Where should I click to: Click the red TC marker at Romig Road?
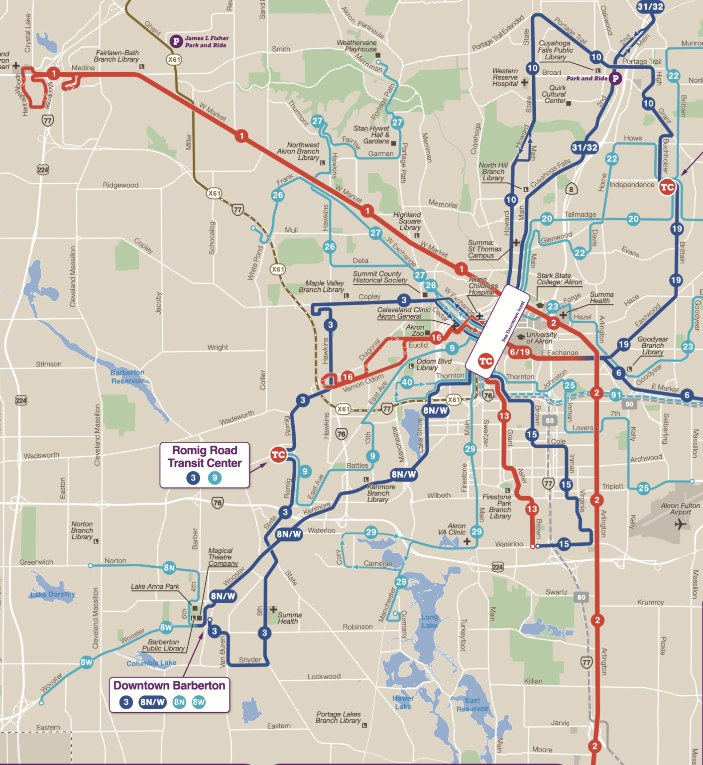pyautogui.click(x=278, y=454)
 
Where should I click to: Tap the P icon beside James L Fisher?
pyautogui.click(x=176, y=41)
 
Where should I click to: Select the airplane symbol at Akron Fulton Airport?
pyautogui.click(x=680, y=524)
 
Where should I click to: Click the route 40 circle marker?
pyautogui.click(x=407, y=382)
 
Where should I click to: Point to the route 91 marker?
pyautogui.click(x=616, y=395)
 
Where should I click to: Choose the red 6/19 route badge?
pyautogui.click(x=520, y=352)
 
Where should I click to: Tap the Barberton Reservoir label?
pyautogui.click(x=127, y=377)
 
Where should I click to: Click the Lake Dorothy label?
pyautogui.click(x=52, y=594)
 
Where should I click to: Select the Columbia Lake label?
pyautogui.click(x=151, y=663)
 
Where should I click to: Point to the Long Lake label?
pyautogui.click(x=429, y=621)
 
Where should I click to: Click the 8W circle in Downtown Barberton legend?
pyautogui.click(x=198, y=702)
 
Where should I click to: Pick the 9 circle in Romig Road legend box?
pyautogui.click(x=215, y=478)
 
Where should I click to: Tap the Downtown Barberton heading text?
pyautogui.click(x=169, y=685)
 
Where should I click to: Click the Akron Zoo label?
pyautogui.click(x=415, y=330)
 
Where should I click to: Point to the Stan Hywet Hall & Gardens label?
pyautogui.click(x=372, y=134)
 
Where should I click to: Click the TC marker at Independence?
pyautogui.click(x=667, y=187)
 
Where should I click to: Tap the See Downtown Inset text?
pyautogui.click(x=513, y=322)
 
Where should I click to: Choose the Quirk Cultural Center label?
pyautogui.click(x=554, y=94)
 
